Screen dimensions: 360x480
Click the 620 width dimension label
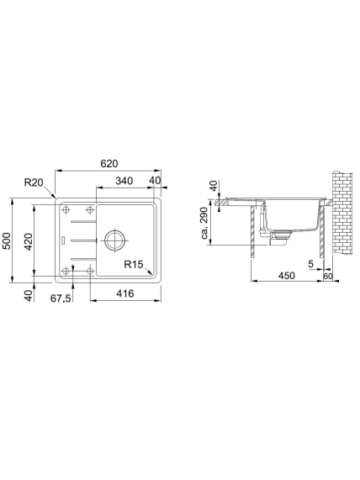[x=109, y=164]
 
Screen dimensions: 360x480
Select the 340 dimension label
[x=124, y=181]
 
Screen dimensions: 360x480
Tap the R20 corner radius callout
[x=34, y=182]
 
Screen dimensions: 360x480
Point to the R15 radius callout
[x=134, y=264]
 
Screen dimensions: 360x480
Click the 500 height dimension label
[x=7, y=241]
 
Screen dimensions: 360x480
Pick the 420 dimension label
[x=29, y=242]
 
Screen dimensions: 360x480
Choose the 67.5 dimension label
[x=61, y=298]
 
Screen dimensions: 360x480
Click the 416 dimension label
[x=125, y=294]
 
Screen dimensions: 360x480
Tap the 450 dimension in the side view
[x=287, y=276]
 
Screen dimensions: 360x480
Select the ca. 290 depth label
[x=205, y=224]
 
